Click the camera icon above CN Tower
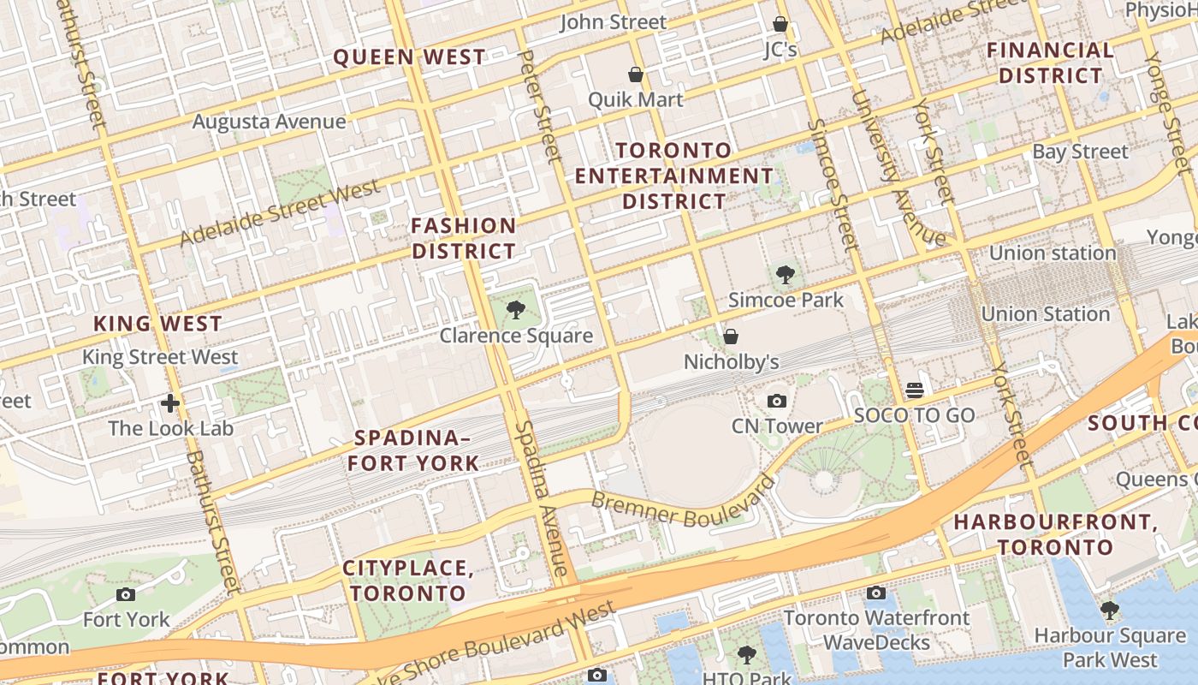click(x=776, y=401)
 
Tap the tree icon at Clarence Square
click(x=515, y=309)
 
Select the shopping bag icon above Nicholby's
click(x=731, y=337)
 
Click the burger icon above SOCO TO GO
click(x=914, y=390)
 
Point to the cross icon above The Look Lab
click(x=170, y=402)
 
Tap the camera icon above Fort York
click(x=126, y=594)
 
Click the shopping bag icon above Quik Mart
click(x=636, y=74)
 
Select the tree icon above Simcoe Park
click(x=785, y=275)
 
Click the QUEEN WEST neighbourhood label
click(x=409, y=57)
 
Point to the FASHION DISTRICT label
click(x=464, y=238)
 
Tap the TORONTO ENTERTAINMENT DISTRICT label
click(x=673, y=176)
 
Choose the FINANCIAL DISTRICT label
click(x=1051, y=63)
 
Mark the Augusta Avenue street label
click(x=269, y=122)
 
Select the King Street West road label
click(x=160, y=357)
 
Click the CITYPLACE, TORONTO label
click(x=408, y=580)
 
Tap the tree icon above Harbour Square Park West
click(x=1109, y=611)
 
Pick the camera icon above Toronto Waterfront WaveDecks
click(x=875, y=593)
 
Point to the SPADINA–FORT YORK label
click(x=417, y=450)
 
